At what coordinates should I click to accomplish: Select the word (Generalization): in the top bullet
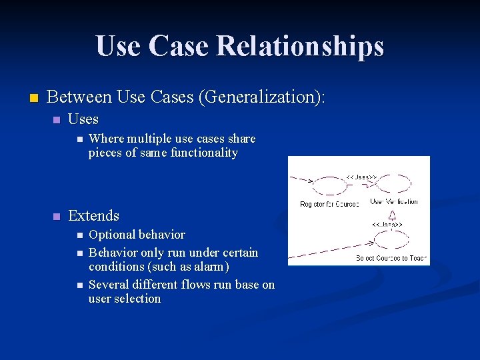click(261, 97)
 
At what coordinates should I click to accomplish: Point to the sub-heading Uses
click(83, 120)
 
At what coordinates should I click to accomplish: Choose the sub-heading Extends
click(93, 215)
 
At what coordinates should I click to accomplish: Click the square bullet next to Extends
click(57, 216)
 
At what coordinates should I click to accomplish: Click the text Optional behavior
click(137, 235)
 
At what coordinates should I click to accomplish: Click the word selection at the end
click(138, 299)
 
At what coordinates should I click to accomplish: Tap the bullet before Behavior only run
click(79, 253)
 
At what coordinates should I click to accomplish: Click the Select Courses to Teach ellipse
click(391, 241)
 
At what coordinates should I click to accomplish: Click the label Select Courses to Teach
click(392, 258)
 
